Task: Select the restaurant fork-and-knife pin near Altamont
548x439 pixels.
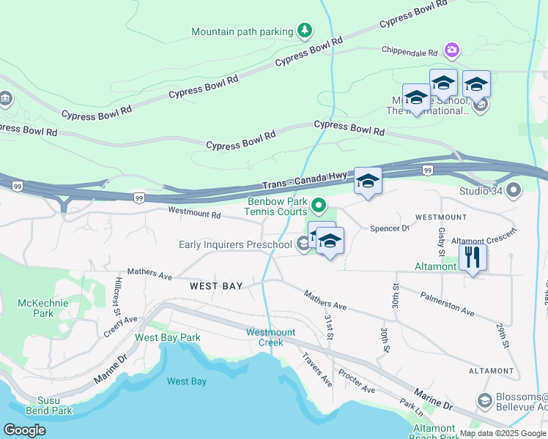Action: (x=473, y=258)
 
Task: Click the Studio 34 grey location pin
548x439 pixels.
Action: (x=514, y=192)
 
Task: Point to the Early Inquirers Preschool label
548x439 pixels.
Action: (x=235, y=244)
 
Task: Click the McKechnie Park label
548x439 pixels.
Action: (x=53, y=308)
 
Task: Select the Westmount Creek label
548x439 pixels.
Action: (x=270, y=337)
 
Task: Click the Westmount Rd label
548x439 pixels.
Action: (x=194, y=214)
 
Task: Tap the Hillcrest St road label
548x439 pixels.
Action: (x=118, y=296)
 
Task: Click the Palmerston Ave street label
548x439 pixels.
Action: (x=447, y=304)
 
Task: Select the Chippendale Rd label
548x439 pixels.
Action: (x=409, y=52)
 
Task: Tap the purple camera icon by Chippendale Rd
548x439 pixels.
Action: (x=452, y=49)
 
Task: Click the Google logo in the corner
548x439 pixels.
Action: (x=24, y=430)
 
